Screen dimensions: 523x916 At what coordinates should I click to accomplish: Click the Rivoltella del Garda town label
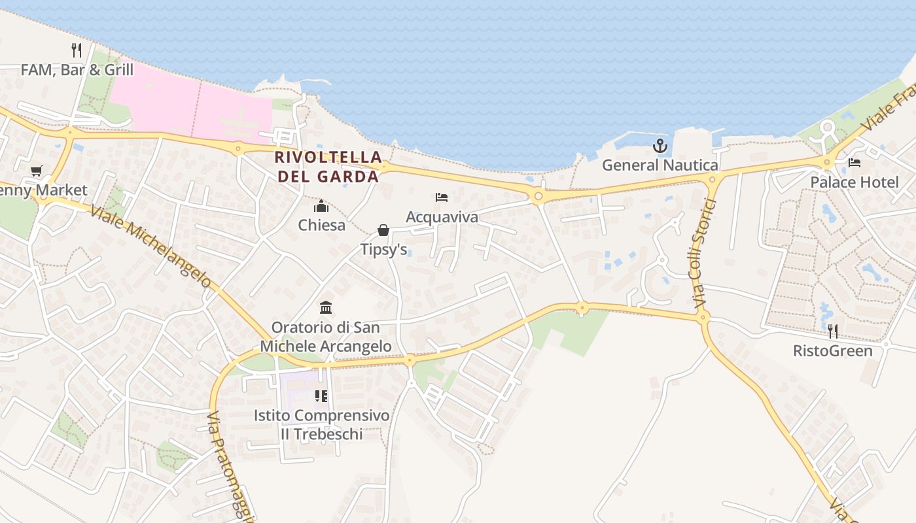pyautogui.click(x=328, y=167)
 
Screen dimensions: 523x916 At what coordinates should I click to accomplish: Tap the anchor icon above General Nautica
pyautogui.click(x=660, y=146)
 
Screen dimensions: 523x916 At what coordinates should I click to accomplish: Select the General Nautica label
pyautogui.click(x=660, y=165)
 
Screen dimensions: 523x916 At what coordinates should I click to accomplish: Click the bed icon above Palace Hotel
pyautogui.click(x=854, y=163)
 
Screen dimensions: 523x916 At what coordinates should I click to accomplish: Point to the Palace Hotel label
pyautogui.click(x=854, y=182)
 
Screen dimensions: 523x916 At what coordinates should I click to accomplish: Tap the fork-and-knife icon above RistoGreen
pyautogui.click(x=832, y=331)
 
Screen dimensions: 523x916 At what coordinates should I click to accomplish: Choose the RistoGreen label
pyautogui.click(x=832, y=351)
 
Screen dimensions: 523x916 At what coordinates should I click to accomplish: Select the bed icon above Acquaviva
pyautogui.click(x=442, y=197)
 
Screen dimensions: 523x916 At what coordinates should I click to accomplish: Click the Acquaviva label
pyautogui.click(x=442, y=217)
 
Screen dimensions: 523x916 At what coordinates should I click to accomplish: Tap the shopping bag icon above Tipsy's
pyautogui.click(x=383, y=230)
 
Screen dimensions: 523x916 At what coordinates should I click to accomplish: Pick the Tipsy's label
pyautogui.click(x=383, y=250)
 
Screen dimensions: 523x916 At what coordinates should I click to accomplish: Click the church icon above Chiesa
pyautogui.click(x=321, y=207)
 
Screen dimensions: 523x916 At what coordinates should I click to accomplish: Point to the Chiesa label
pyautogui.click(x=321, y=226)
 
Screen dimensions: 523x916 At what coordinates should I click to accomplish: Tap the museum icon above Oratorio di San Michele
pyautogui.click(x=326, y=307)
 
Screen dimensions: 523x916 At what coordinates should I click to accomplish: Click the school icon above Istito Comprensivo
pyautogui.click(x=321, y=396)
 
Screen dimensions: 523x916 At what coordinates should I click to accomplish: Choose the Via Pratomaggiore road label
pyautogui.click(x=230, y=465)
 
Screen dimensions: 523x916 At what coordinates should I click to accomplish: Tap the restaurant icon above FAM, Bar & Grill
pyautogui.click(x=77, y=50)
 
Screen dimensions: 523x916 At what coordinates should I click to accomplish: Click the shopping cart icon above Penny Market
pyautogui.click(x=37, y=171)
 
